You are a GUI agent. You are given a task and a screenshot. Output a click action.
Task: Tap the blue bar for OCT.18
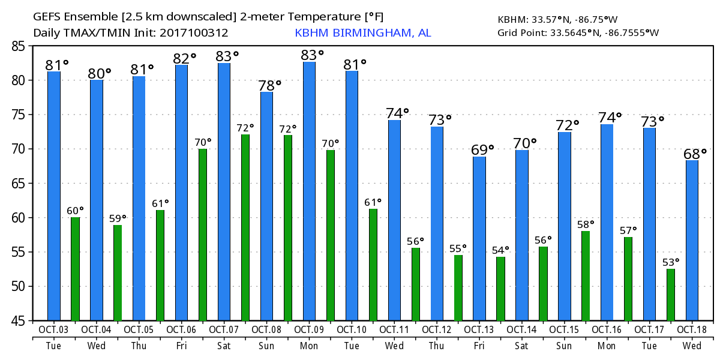692,240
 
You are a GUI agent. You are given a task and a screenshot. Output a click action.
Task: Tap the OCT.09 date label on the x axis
309,329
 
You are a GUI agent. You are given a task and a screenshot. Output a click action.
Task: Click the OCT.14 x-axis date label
522,329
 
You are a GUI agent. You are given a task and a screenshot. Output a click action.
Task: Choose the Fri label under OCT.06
181,346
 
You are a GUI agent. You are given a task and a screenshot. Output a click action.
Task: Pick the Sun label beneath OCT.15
565,346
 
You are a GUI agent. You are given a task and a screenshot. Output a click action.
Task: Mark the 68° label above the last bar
695,154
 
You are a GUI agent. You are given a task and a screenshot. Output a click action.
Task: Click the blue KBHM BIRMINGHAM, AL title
362,32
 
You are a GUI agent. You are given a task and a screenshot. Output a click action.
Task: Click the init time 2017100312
193,32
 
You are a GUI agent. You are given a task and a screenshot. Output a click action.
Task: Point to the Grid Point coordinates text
578,32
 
